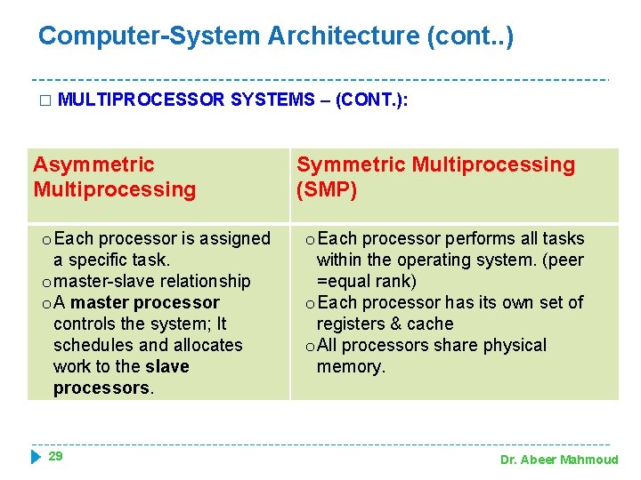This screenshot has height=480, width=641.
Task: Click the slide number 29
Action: pos(55,456)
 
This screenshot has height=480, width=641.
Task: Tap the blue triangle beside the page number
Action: pos(36,457)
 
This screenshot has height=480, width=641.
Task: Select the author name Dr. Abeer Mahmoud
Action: pos(559,460)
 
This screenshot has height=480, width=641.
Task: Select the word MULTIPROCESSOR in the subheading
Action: pos(141,100)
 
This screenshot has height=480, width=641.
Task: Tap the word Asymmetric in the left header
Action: pos(93,164)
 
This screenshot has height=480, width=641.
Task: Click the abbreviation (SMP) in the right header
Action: pos(327,189)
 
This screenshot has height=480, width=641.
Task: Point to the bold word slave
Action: pos(168,366)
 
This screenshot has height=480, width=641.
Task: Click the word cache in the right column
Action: pos(430,324)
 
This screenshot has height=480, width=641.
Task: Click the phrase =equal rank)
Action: pos(367,281)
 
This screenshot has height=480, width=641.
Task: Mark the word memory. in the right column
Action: pos(351,366)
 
